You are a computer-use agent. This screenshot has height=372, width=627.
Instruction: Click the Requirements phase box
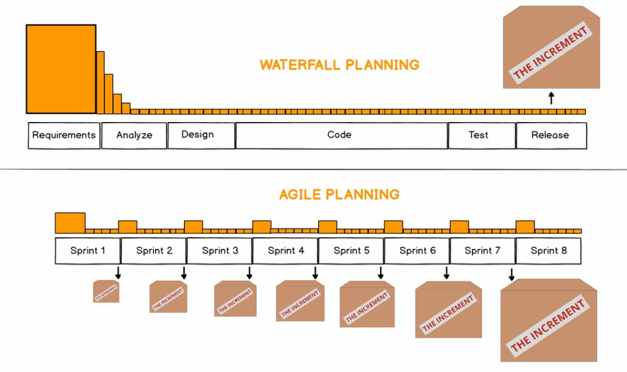click(64, 135)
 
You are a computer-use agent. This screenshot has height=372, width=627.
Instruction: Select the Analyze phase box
click(134, 135)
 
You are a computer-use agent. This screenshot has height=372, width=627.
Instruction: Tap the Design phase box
click(201, 135)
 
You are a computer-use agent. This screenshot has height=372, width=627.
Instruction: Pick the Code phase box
click(341, 135)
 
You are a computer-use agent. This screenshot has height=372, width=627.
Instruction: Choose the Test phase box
click(482, 135)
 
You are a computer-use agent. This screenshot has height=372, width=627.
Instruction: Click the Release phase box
click(552, 135)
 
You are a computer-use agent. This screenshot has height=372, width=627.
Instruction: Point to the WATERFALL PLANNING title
click(340, 65)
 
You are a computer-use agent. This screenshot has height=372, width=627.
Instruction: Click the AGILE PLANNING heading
click(339, 194)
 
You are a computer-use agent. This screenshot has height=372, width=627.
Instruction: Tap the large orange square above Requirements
click(61, 69)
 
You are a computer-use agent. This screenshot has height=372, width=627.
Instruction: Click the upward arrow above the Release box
click(552, 98)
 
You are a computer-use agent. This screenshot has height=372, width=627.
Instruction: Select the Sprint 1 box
click(88, 251)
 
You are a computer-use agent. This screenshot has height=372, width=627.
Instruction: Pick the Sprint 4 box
click(286, 251)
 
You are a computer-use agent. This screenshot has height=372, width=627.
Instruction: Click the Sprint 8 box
click(549, 251)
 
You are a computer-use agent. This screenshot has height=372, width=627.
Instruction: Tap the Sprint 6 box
click(417, 251)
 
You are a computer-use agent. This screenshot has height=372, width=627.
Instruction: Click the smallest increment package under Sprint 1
click(106, 291)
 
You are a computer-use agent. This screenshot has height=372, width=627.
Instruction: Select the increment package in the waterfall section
click(552, 47)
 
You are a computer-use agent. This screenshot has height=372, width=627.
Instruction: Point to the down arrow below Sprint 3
click(249, 273)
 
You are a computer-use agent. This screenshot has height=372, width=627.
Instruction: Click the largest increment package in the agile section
click(549, 320)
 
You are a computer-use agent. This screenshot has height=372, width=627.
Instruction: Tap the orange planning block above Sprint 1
click(70, 223)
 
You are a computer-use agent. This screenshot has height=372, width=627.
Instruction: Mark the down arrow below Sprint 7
click(511, 275)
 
